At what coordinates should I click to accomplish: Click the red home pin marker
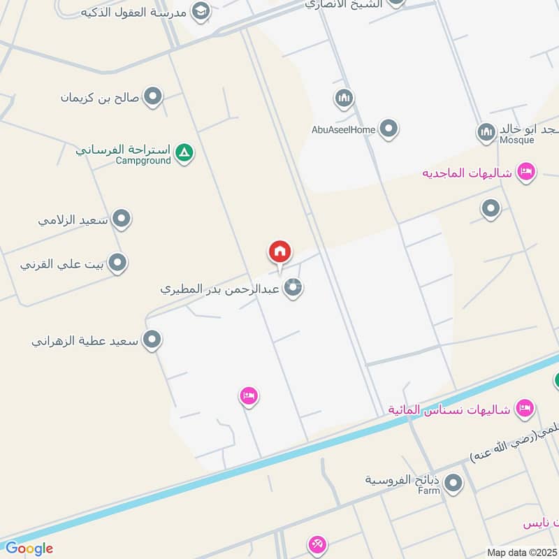[x=280, y=252]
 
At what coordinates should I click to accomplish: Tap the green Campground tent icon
[x=184, y=152]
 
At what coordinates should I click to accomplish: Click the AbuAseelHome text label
[x=344, y=129]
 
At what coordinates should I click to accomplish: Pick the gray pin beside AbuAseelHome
[x=389, y=129]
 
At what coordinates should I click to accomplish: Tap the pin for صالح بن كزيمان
[x=152, y=97]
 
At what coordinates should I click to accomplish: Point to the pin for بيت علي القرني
[x=117, y=263]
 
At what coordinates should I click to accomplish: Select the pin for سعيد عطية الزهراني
[x=152, y=341]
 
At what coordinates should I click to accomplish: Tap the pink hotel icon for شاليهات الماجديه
[x=526, y=172]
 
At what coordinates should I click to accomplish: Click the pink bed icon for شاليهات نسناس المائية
[x=524, y=407]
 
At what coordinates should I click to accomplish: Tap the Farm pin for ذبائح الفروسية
[x=453, y=483]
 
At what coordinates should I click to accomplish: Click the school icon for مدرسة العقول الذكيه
[x=201, y=11]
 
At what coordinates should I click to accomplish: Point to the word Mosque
[x=517, y=140]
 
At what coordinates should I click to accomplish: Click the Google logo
[x=29, y=549]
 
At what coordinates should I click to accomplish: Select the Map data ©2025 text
[x=521, y=552]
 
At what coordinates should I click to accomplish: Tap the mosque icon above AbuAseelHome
[x=343, y=99]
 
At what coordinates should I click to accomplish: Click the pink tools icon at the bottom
[x=317, y=544]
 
